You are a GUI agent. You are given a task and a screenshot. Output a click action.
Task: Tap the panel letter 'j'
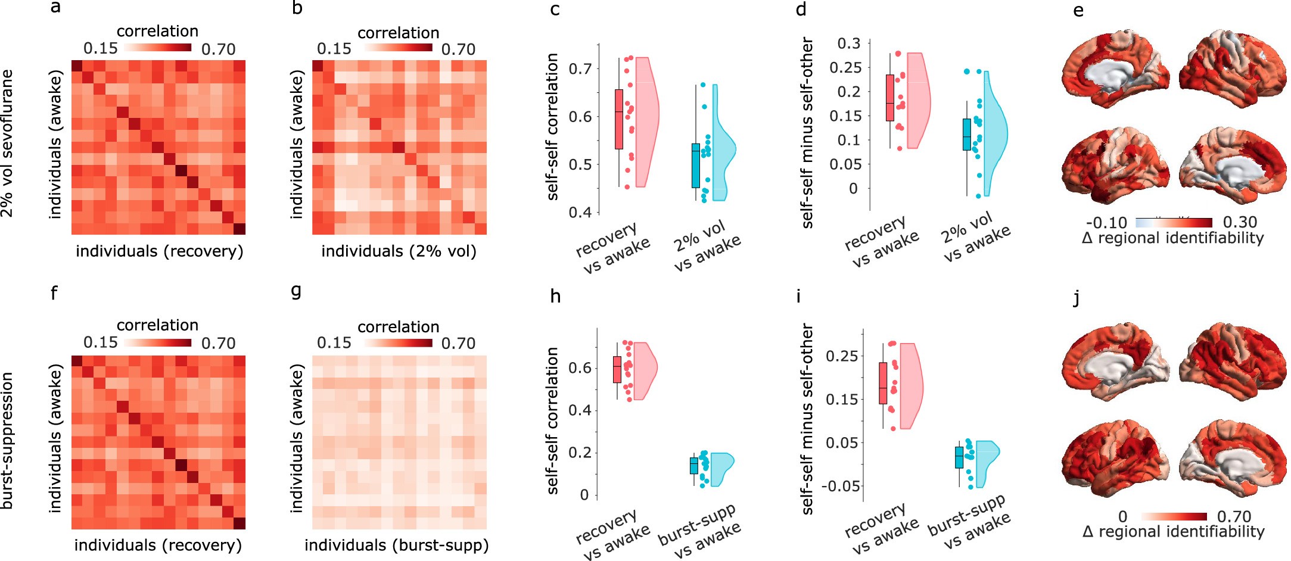point(1076,298)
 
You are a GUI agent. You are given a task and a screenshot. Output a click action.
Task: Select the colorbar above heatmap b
point(398,48)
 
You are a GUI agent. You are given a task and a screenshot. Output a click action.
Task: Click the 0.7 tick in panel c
point(580,69)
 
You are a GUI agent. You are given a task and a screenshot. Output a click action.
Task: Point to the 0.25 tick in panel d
point(845,67)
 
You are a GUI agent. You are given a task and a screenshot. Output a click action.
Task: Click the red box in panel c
point(618,119)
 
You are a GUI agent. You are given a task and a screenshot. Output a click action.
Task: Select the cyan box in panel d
point(966,135)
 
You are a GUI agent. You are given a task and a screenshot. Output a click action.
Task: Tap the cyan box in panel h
point(693,466)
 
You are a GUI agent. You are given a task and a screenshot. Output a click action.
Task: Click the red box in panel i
point(882,383)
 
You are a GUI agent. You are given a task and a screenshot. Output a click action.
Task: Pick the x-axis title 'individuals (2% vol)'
point(399,251)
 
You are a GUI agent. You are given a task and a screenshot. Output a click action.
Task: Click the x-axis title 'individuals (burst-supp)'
point(396,545)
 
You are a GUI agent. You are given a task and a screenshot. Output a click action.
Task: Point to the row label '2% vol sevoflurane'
point(7,143)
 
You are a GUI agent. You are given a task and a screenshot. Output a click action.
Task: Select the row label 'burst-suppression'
point(7,441)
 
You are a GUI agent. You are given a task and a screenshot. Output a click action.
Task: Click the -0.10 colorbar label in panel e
point(1106,223)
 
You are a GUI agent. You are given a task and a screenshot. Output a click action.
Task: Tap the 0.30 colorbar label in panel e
point(1240,222)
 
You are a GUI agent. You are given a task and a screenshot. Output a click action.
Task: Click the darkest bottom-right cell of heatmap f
point(239,523)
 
